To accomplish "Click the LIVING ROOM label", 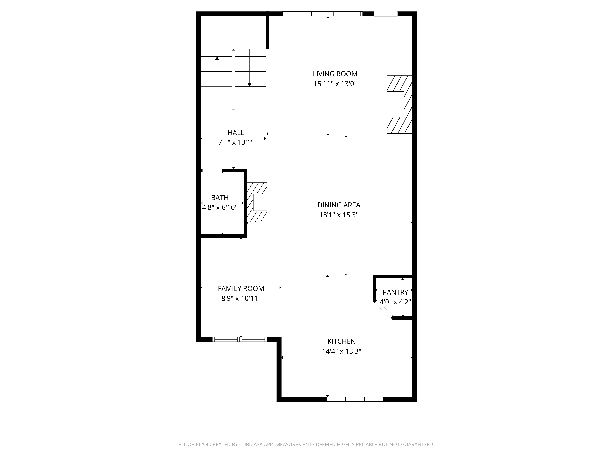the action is [335, 74].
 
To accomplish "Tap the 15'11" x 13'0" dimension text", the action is [335, 84].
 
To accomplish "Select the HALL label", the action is [236, 133].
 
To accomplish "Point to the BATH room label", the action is [220, 198].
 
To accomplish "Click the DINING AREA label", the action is [339, 205].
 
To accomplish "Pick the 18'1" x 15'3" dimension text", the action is [339, 215].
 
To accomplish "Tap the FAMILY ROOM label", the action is [241, 289].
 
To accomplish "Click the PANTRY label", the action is [395, 292].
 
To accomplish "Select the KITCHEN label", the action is [341, 342].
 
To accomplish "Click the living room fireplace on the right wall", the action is [399, 104].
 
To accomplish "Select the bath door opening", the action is [212, 171].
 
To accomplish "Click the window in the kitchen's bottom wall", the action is [355, 399].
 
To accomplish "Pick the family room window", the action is [239, 339].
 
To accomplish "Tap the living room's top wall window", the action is [322, 14].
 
